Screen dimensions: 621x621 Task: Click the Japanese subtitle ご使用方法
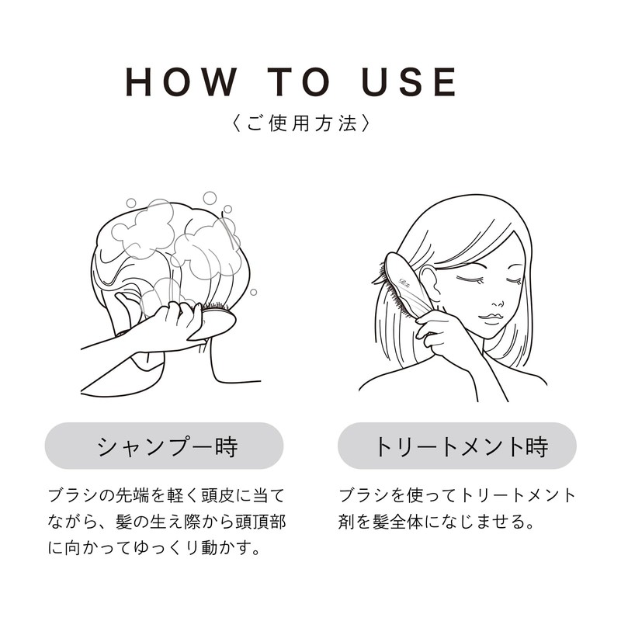(294, 123)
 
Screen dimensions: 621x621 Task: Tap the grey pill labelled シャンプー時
(165, 446)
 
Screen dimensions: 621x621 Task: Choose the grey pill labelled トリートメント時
(457, 446)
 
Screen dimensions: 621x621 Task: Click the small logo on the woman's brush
(406, 273)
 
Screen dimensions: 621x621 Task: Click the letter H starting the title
(140, 82)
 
